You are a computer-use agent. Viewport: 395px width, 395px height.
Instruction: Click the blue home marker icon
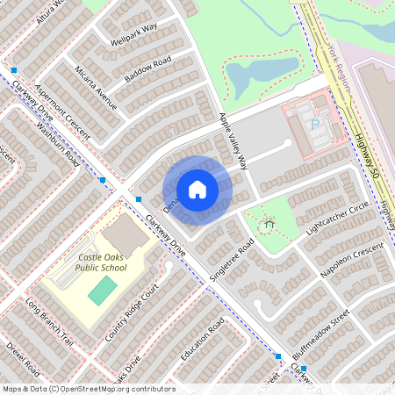pyautogui.click(x=197, y=190)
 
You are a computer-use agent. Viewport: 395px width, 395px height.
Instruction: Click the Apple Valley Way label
pyautogui.click(x=233, y=140)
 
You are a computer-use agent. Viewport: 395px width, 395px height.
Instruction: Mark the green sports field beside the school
pyautogui.click(x=103, y=291)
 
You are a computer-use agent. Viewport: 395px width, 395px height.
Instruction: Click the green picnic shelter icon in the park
pyautogui.click(x=268, y=226)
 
